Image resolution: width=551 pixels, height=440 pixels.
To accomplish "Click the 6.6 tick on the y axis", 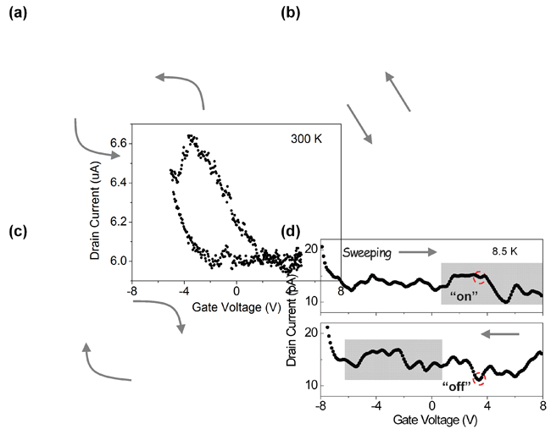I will [120, 144].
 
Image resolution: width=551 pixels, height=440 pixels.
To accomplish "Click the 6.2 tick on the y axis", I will [120, 222].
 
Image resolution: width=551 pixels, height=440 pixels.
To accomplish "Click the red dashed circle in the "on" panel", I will [481, 277].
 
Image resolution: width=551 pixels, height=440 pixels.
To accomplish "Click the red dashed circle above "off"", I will [479, 377].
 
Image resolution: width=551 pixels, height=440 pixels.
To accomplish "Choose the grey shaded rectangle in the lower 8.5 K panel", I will [392, 360].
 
